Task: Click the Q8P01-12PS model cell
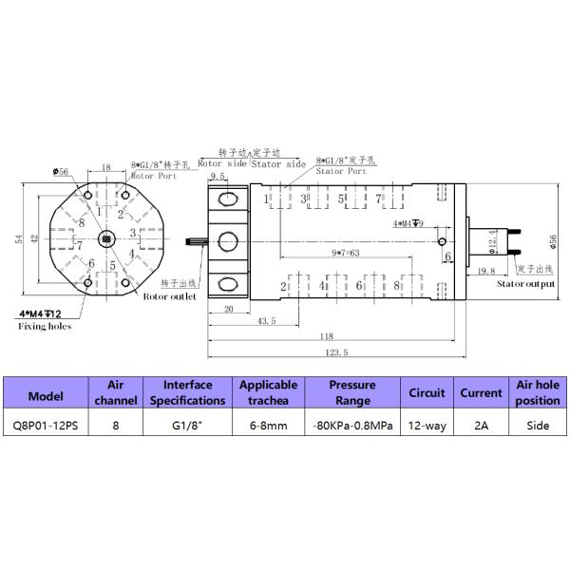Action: pos(47,427)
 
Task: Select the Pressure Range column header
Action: pos(352,392)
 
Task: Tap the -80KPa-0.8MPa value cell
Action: pos(352,427)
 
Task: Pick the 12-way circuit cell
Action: pos(427,427)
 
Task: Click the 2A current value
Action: pos(481,427)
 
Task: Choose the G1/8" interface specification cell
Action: pos(187,427)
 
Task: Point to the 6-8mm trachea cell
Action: pos(269,427)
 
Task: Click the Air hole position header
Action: pos(538,392)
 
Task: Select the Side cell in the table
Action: pos(538,427)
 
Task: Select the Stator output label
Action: pos(525,283)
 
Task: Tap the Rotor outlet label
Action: pos(169,296)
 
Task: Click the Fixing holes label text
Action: pos(45,327)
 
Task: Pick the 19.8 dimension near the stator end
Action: pos(485,271)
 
